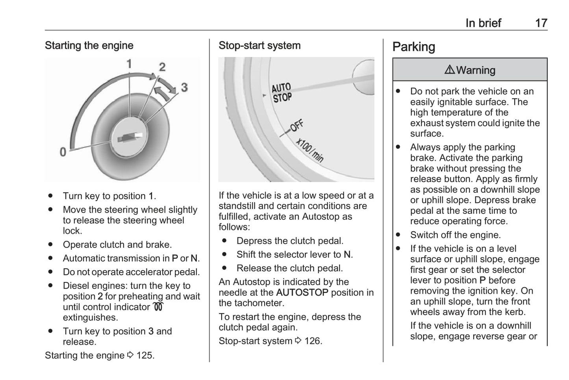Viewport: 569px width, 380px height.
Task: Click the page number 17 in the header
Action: [541, 23]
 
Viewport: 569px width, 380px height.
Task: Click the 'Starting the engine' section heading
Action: [89, 46]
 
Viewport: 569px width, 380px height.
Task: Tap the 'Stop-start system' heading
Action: [259, 46]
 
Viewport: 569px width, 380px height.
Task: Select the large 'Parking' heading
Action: [414, 47]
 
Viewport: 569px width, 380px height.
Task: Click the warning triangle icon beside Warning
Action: [449, 70]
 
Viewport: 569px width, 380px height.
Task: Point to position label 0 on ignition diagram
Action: [63, 152]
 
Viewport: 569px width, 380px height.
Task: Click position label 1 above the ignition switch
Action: [129, 64]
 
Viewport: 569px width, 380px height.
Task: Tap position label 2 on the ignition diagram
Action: [162, 67]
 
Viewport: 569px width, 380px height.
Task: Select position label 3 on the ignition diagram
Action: [184, 87]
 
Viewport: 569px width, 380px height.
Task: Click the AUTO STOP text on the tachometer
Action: [282, 93]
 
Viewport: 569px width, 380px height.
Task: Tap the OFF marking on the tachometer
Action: [297, 126]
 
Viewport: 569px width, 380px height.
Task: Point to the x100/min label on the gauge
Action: [310, 150]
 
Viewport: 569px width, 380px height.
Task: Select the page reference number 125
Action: [145, 355]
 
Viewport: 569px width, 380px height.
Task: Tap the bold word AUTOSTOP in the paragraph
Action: [302, 293]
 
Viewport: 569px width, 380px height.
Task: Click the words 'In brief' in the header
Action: [483, 23]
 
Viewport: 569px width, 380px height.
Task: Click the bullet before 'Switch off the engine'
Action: [398, 235]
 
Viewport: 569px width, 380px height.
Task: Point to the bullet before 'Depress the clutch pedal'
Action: [224, 241]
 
